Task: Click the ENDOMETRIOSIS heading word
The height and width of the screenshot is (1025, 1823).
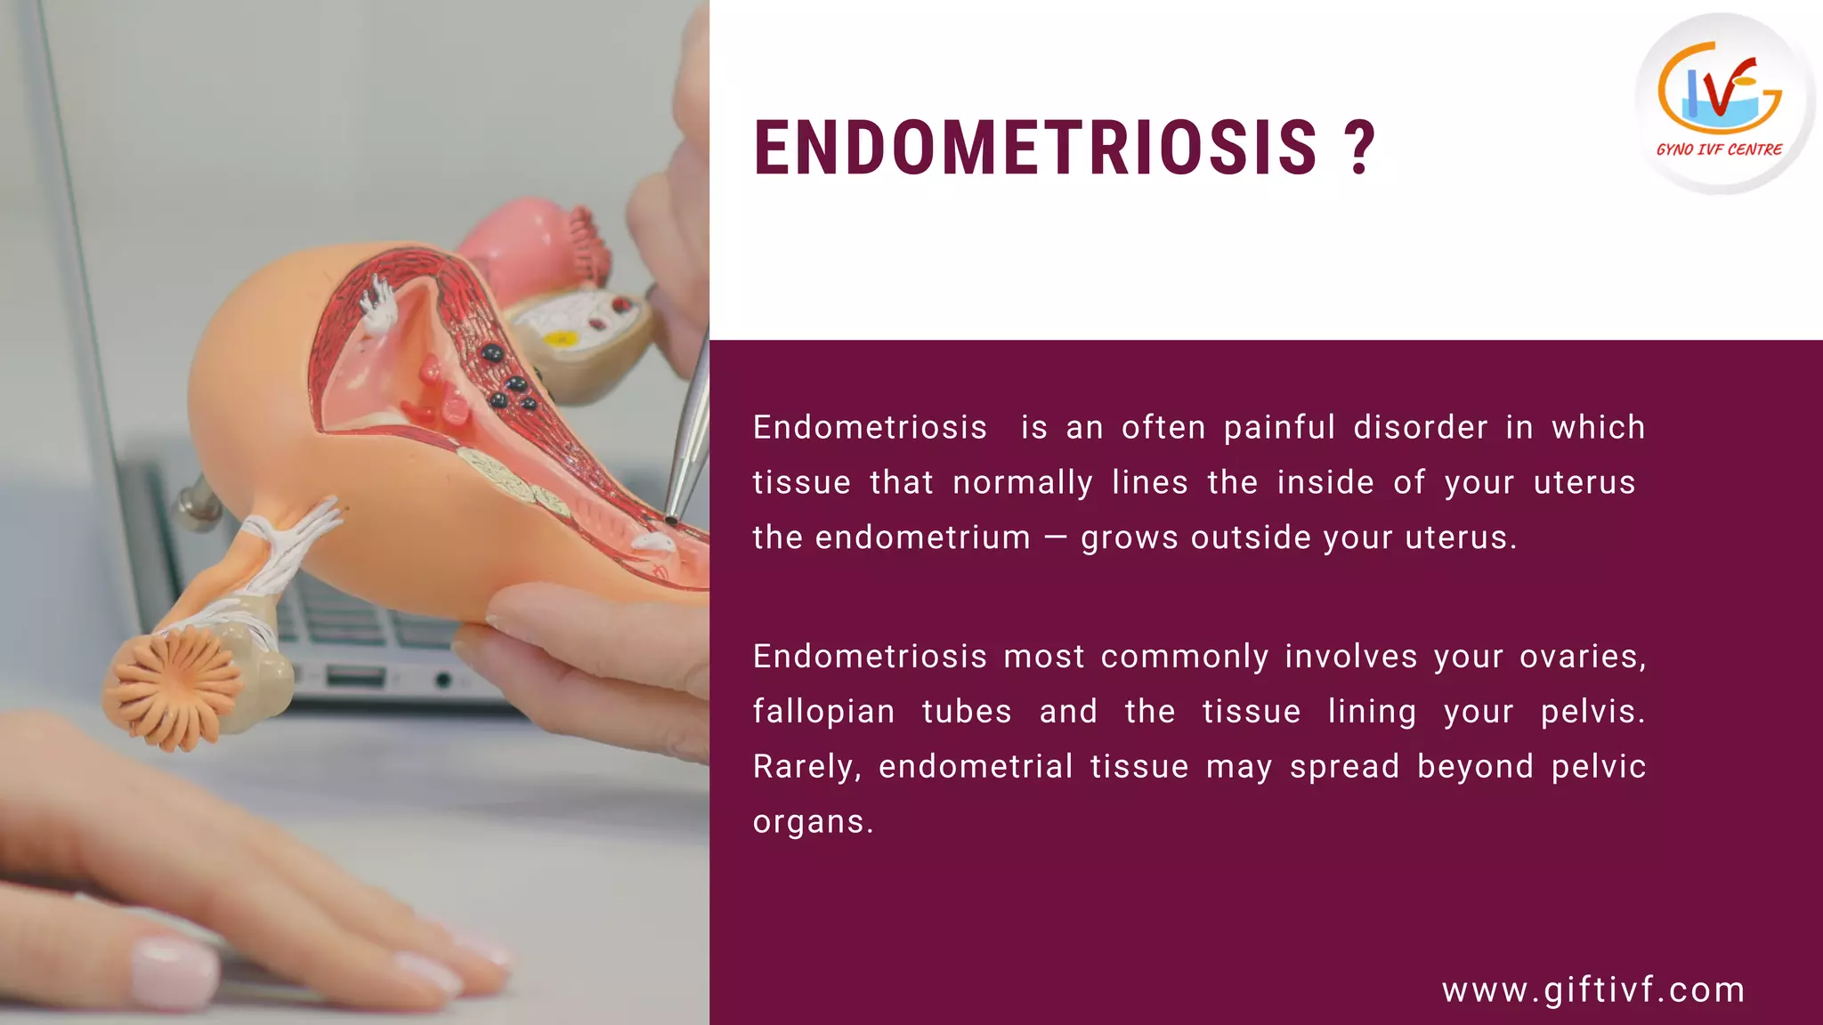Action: (1035, 148)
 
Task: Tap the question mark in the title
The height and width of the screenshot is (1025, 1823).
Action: (1360, 148)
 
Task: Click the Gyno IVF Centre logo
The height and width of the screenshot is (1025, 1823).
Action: (1723, 103)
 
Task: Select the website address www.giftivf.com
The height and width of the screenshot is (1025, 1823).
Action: (1593, 989)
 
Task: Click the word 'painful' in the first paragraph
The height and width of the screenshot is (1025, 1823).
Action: (1279, 428)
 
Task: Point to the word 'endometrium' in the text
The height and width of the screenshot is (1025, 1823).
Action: (922, 538)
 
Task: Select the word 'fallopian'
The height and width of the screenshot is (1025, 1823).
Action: (823, 712)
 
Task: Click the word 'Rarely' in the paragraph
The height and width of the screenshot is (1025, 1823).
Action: (806, 767)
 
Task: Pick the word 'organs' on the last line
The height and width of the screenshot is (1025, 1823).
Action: (810, 822)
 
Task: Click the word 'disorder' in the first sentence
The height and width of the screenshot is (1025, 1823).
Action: (1420, 428)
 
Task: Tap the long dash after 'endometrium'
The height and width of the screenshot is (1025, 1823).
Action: (1056, 538)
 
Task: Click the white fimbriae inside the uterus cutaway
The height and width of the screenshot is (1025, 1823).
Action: (380, 303)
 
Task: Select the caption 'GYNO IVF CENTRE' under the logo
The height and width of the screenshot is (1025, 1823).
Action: (1719, 150)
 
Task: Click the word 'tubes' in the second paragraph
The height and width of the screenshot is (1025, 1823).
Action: (967, 712)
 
